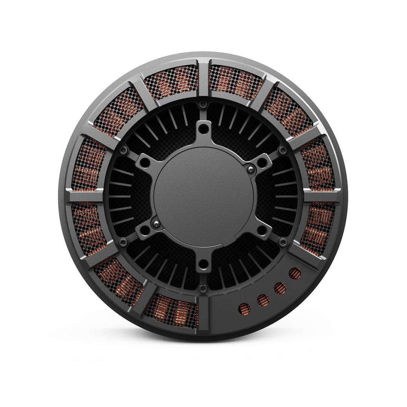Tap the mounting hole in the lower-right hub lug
click(x=262, y=230)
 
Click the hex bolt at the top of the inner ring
click(x=203, y=104)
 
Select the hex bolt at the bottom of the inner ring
click(x=203, y=289)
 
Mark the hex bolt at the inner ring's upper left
click(x=123, y=150)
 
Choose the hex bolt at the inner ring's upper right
click(x=283, y=150)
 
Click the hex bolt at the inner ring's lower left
click(x=123, y=243)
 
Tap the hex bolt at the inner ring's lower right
click(x=283, y=243)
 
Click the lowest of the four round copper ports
click(x=245, y=309)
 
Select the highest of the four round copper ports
click(x=295, y=273)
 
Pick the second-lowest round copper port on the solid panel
click(x=263, y=300)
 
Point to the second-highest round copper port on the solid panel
click(x=280, y=288)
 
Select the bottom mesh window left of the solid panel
click(x=171, y=311)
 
